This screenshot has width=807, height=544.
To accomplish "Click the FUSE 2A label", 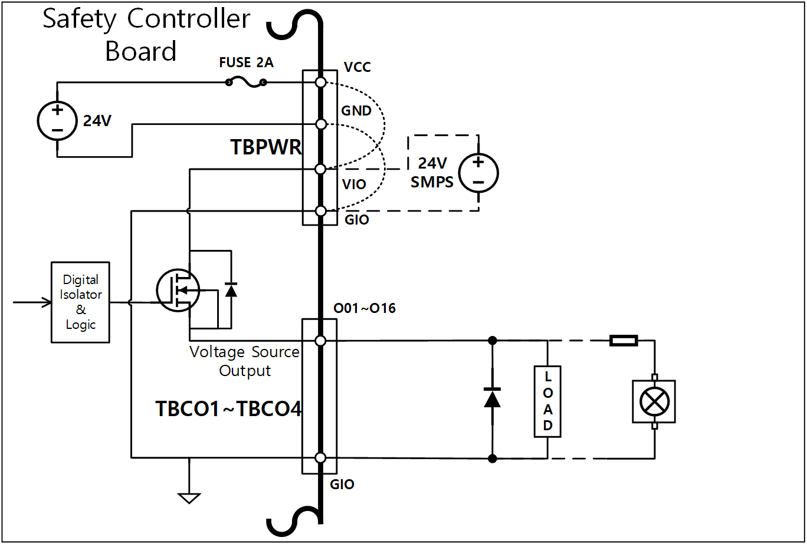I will click(246, 62).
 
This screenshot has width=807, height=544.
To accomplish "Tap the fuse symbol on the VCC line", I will click(245, 83).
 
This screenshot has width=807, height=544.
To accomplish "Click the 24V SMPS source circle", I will click(478, 173).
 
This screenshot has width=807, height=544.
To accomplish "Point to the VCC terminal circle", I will click(320, 83).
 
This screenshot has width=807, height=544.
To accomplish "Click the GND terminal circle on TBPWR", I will click(320, 124).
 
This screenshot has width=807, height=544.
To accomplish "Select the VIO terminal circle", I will click(320, 170).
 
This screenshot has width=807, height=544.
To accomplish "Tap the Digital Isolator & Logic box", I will click(80, 302).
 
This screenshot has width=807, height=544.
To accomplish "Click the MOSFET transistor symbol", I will click(178, 290).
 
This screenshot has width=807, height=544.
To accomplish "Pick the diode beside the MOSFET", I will click(231, 289).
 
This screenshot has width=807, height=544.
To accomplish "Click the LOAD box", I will click(547, 401).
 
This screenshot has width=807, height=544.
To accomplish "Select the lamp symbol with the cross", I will click(654, 401).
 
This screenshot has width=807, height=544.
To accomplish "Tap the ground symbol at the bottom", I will click(189, 497).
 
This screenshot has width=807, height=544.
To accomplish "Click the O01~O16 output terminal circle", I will click(320, 341).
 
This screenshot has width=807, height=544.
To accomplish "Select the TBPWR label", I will click(266, 147).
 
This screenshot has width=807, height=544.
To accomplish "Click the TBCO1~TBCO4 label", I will click(228, 409).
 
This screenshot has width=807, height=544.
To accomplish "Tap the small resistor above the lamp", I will click(623, 340).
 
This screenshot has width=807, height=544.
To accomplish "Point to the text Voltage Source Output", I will click(244, 361).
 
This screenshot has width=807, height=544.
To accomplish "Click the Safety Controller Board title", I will click(146, 35).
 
